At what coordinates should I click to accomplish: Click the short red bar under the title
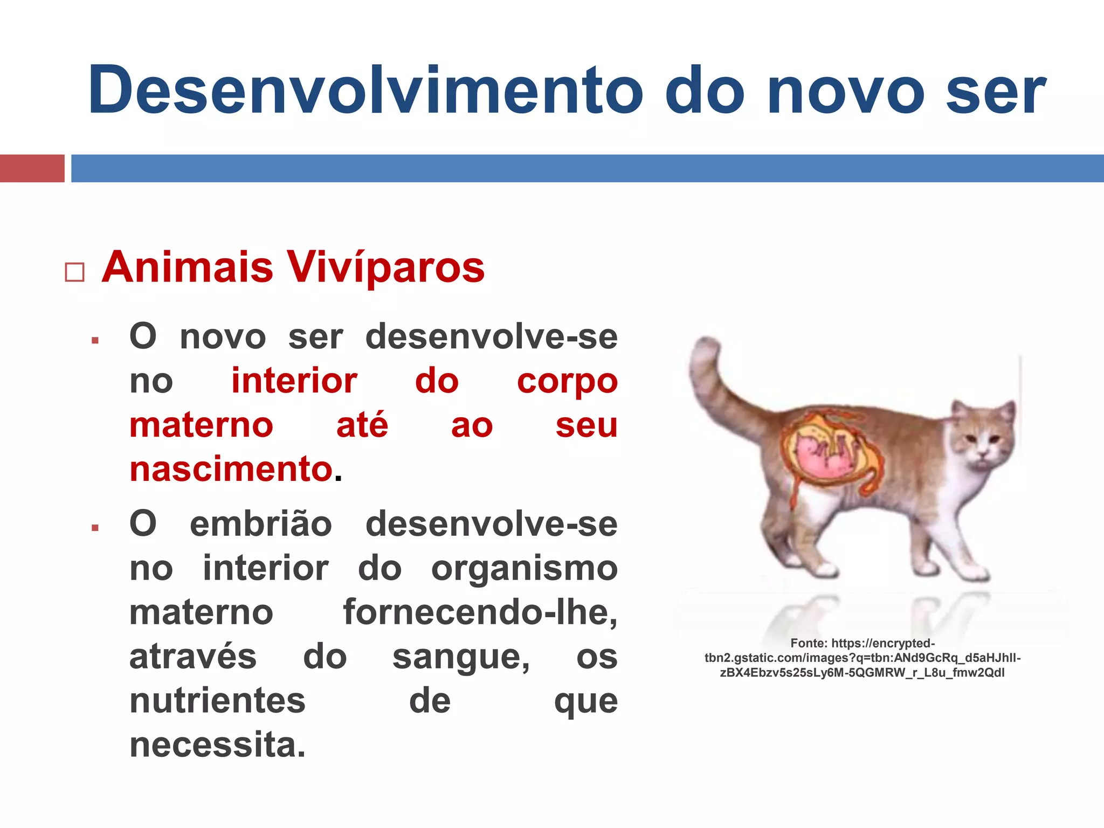pyautogui.click(x=32, y=168)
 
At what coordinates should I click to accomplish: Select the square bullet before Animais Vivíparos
pyautogui.click(x=74, y=272)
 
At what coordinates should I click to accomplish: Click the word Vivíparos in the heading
pyautogui.click(x=385, y=268)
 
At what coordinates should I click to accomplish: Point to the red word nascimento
pyautogui.click(x=231, y=469)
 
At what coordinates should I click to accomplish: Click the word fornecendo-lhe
pyautogui.click(x=480, y=613)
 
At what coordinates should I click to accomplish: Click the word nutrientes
pyautogui.click(x=217, y=701)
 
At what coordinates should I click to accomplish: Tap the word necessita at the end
pyautogui.click(x=217, y=746)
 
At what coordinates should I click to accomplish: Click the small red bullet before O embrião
pyautogui.click(x=95, y=528)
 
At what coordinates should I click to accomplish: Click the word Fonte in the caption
pyautogui.click(x=808, y=643)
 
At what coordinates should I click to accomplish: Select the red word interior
pyautogui.click(x=294, y=381)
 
